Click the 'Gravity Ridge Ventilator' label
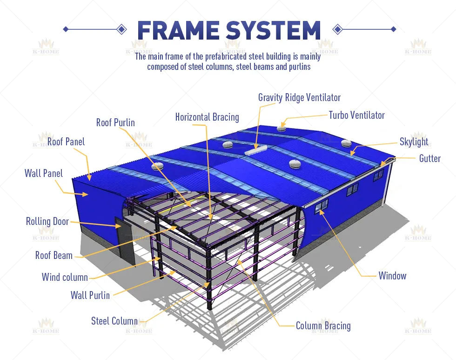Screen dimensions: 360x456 (x=299, y=97)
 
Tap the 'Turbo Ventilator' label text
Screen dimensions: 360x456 (x=356, y=115)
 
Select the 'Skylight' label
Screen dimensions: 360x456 (x=414, y=142)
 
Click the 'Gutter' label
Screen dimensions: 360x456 (x=429, y=158)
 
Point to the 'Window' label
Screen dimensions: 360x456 (x=392, y=276)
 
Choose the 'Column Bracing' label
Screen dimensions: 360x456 (x=323, y=326)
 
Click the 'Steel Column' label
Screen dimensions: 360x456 (x=114, y=321)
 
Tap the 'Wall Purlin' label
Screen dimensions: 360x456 (x=90, y=295)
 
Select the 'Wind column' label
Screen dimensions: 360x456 (x=65, y=278)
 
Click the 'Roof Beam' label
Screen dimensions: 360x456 (x=54, y=255)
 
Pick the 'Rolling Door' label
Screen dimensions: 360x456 (x=47, y=221)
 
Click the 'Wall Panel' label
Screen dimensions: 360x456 (x=43, y=173)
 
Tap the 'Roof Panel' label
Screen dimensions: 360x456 (x=66, y=142)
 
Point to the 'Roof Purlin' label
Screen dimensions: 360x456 (x=115, y=123)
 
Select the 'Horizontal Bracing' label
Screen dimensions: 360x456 (x=207, y=117)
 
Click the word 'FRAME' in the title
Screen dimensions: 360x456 (x=178, y=30)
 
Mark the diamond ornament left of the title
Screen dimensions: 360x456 (x=121, y=29)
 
